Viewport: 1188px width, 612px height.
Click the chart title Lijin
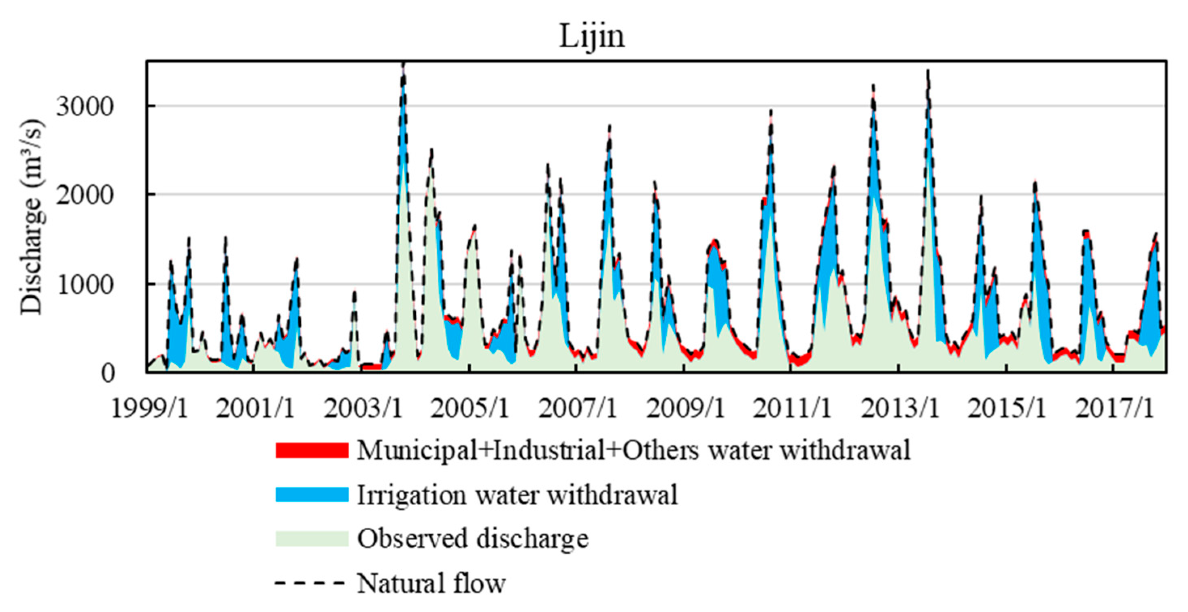[x=592, y=36]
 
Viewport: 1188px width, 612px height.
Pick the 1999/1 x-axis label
[x=149, y=408]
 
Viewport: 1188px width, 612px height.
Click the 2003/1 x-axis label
[x=363, y=408]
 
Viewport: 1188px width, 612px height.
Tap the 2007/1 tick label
[x=577, y=408]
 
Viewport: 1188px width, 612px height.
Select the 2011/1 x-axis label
[x=792, y=408]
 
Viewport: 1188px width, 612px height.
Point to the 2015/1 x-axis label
[x=1006, y=408]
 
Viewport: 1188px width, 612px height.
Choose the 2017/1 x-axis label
[x=1114, y=408]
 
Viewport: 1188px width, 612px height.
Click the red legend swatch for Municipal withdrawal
[x=312, y=450]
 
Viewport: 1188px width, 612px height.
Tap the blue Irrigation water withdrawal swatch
[x=312, y=494]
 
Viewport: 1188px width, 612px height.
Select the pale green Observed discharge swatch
[x=312, y=538]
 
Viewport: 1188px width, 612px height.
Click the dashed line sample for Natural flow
[x=310, y=583]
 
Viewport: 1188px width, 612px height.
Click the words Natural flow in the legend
[x=431, y=583]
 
